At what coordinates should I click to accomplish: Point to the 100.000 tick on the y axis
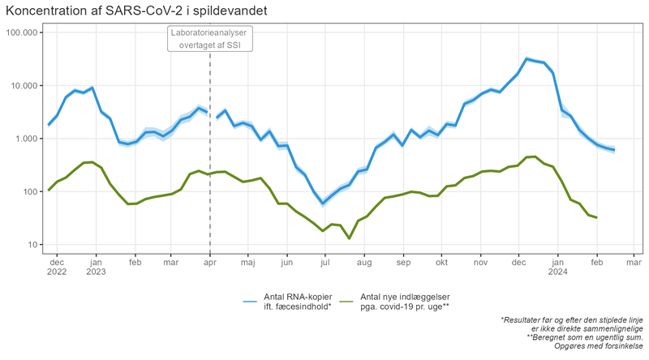(x=22, y=32)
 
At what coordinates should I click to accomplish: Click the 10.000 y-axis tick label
(x=24, y=86)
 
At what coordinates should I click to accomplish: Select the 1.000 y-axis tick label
(x=27, y=139)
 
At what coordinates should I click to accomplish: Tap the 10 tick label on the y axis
(x=32, y=245)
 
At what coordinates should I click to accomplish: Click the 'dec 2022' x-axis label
(x=57, y=267)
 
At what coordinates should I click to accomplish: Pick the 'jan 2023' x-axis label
(x=96, y=267)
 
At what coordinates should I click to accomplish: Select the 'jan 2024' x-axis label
(x=557, y=267)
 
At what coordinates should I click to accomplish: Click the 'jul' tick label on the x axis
(x=324, y=262)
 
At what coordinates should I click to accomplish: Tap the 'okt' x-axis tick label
(x=441, y=262)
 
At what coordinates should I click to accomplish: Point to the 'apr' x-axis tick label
(x=210, y=262)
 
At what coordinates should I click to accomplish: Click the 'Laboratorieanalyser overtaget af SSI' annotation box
(x=210, y=39)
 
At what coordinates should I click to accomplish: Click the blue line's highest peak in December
(x=527, y=58)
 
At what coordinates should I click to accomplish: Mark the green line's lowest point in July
(x=349, y=238)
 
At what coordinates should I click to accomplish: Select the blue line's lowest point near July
(x=323, y=203)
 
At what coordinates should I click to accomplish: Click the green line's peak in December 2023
(x=535, y=156)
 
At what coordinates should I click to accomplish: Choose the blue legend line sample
(x=249, y=302)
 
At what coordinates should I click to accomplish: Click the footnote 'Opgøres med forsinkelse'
(x=600, y=346)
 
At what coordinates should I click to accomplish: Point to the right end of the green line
(x=597, y=217)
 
